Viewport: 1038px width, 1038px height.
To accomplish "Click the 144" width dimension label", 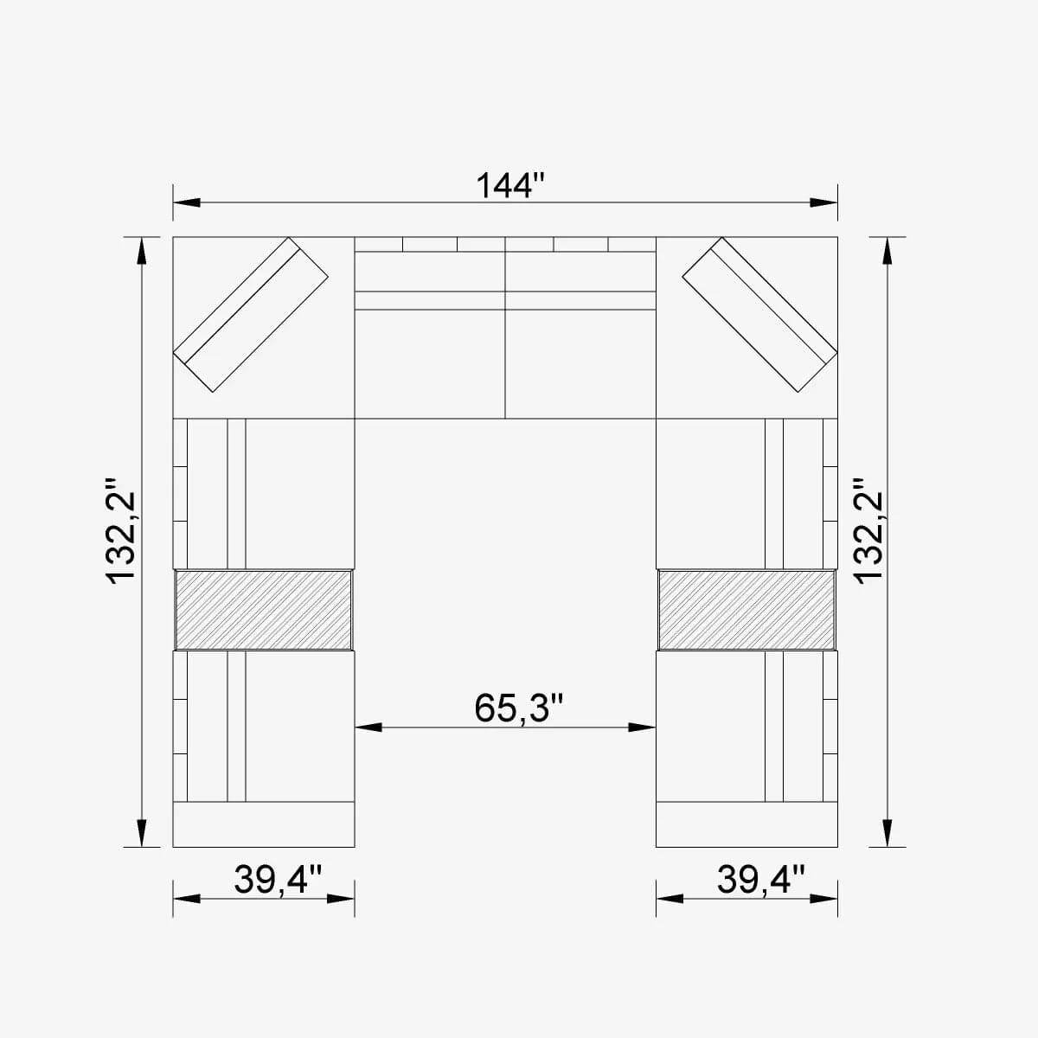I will (x=510, y=184).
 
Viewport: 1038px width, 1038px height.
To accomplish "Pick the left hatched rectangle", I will (x=264, y=609).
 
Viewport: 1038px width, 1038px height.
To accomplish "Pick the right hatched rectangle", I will (x=746, y=609).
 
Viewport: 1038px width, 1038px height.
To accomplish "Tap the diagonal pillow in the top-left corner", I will (x=252, y=314).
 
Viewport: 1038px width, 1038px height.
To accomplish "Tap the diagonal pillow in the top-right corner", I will (x=759, y=314).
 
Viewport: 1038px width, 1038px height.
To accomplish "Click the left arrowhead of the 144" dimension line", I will (x=187, y=203).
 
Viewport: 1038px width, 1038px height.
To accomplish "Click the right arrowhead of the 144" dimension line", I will (x=824, y=203).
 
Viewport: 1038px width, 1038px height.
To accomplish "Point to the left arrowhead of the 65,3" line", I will (x=368, y=727).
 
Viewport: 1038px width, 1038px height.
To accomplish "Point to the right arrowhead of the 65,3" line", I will (x=643, y=727).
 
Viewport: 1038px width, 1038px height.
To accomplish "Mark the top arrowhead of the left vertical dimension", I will (x=141, y=251).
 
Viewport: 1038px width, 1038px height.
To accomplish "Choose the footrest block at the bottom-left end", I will (x=264, y=824).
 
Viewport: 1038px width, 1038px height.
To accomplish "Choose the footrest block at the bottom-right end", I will (x=746, y=824).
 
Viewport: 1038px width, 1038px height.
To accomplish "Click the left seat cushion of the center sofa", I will (x=430, y=363).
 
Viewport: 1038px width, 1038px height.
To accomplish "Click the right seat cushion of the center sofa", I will (x=580, y=363).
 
